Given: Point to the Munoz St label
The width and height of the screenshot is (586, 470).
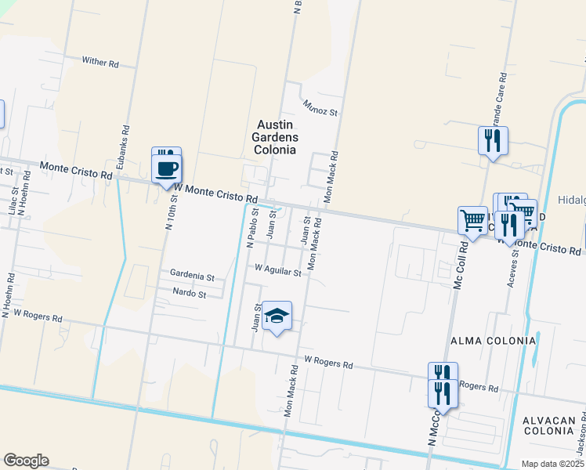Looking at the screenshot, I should coord(320,107).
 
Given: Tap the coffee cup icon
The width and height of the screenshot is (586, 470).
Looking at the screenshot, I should coord(167,168).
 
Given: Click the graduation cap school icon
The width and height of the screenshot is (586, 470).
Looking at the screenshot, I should coord(276,316).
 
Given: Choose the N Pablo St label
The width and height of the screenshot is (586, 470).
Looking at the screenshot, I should coord(252,227).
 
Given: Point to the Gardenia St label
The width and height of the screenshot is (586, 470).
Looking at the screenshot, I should coord(192,277).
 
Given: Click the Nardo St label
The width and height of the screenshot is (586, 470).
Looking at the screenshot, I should coord(189,295).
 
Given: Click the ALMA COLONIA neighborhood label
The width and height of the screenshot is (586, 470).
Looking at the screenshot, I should coord(493,342).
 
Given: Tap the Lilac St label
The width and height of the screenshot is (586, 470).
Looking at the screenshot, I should coord(12,201).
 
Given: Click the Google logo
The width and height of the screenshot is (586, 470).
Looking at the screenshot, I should coord(26,461).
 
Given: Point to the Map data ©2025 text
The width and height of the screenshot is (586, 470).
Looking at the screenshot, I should coord(552,464).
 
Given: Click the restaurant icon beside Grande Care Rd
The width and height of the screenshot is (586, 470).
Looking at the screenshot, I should coord(493,141).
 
